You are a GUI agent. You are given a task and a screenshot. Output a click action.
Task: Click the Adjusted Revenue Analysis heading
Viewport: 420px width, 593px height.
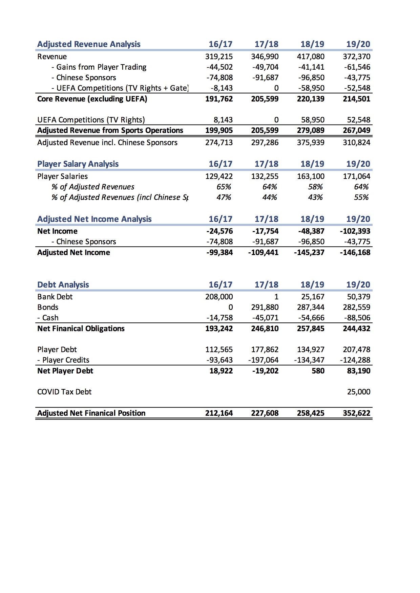point(89,44)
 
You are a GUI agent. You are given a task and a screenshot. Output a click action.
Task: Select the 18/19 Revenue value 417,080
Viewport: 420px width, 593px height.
point(311,56)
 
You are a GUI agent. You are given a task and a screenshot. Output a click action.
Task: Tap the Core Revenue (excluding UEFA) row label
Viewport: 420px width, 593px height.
point(92,99)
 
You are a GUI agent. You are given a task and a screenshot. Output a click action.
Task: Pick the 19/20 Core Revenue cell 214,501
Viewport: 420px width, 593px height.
point(356,99)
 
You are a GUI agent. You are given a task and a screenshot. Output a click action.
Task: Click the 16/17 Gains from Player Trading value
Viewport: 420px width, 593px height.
point(219,67)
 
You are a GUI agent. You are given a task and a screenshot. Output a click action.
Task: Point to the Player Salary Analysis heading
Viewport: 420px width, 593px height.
point(78,164)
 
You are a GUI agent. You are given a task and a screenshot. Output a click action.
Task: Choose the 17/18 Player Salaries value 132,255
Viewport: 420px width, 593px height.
point(265,176)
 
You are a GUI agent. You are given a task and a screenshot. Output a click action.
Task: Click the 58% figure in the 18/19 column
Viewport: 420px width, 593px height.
point(315,187)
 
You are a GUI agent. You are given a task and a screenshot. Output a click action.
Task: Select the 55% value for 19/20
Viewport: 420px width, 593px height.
point(361,197)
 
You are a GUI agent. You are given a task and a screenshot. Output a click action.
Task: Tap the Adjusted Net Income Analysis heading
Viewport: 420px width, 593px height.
point(94,219)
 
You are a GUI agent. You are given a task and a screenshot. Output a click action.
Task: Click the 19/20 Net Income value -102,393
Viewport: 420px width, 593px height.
point(355,231)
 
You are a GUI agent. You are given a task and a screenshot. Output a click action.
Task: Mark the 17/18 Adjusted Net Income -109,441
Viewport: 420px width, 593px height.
point(263,252)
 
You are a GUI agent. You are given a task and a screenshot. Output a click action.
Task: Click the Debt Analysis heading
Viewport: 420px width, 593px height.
point(63,285)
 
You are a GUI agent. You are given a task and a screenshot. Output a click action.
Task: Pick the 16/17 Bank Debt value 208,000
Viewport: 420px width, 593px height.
point(219,297)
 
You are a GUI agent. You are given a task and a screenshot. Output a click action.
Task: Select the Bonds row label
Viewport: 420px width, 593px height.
point(48,307)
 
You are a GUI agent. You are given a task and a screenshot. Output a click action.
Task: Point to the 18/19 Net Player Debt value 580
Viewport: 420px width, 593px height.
point(318,371)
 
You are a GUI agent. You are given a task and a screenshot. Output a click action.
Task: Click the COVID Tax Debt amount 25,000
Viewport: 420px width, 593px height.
point(359,392)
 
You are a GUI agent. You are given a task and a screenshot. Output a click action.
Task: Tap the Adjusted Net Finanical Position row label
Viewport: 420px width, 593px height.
point(91,413)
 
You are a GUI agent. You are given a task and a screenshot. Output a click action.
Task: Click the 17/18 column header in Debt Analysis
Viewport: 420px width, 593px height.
point(267,285)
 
